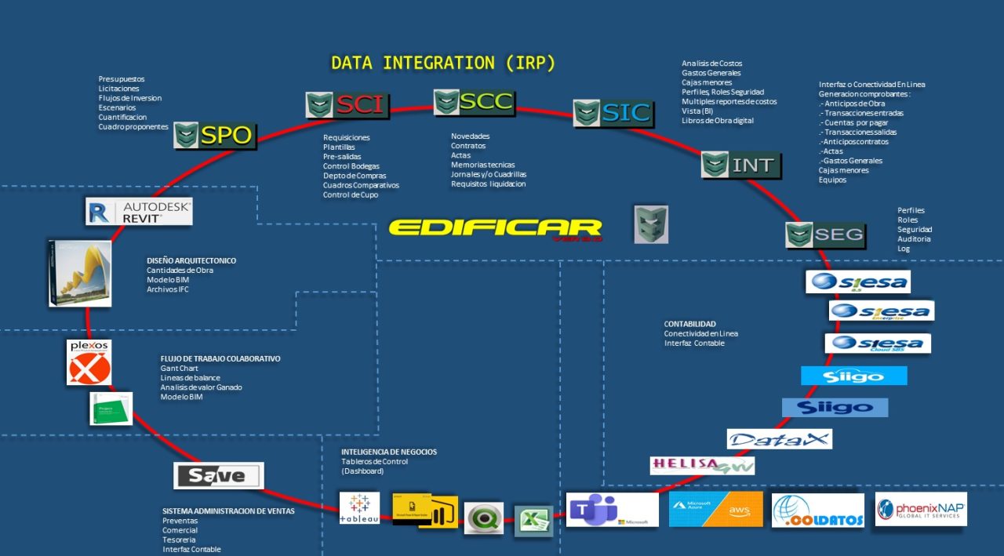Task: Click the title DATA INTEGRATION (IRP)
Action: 442,64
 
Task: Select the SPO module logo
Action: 213,136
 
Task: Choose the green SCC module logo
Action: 475,102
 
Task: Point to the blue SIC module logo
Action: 613,114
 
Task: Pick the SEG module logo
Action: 825,234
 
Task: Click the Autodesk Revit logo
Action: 139,212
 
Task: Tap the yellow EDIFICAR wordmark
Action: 495,229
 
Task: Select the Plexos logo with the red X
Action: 89,362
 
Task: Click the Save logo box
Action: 218,475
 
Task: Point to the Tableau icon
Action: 359,508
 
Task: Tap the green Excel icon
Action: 533,521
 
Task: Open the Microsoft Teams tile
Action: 612,510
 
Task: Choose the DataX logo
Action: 779,439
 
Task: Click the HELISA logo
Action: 702,465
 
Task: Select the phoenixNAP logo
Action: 921,509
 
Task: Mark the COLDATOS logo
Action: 817,510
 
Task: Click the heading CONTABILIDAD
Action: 689,324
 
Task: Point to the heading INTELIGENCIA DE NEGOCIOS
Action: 389,452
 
